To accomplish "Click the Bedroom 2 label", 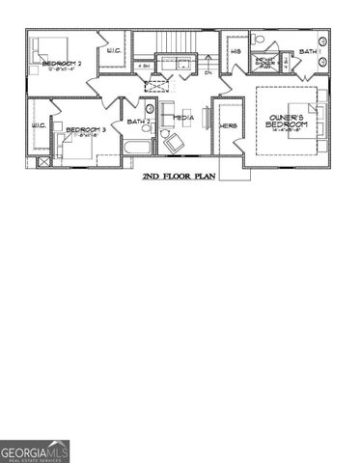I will tap(60, 64).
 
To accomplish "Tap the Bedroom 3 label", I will tap(85, 127).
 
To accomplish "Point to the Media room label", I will tap(183, 118).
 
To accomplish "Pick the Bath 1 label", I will tap(308, 50).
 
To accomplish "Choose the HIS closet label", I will tap(236, 50).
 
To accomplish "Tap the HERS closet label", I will tap(229, 126).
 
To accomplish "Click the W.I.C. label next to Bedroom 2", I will tap(113, 51).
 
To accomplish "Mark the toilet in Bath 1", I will tap(259, 39).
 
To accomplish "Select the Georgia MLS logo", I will tap(35, 450).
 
